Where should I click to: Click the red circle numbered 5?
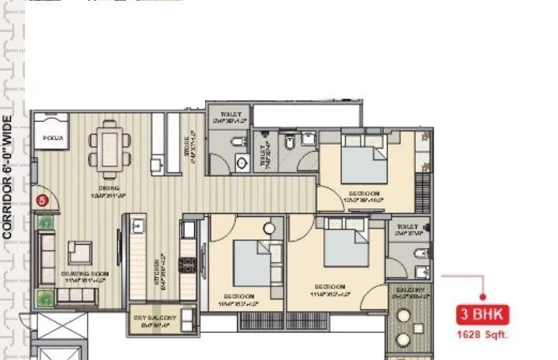click(43, 200)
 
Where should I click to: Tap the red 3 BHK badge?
click(482, 316)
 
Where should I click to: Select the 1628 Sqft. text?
click(483, 335)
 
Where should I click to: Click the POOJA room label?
click(53, 138)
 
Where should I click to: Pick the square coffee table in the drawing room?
click(79, 252)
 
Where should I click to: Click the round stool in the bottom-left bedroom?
click(269, 229)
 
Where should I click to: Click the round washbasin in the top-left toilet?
click(241, 162)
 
